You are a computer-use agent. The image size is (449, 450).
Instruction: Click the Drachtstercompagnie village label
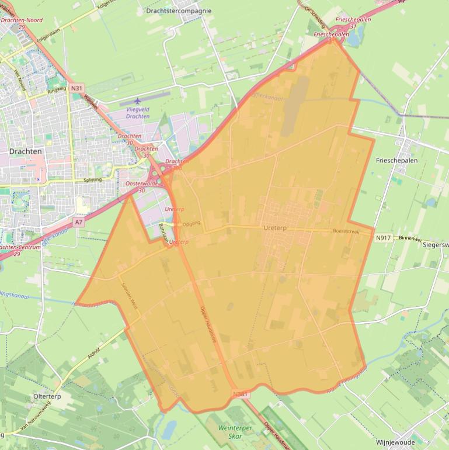click(x=179, y=11)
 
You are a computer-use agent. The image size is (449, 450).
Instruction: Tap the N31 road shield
click(x=76, y=88)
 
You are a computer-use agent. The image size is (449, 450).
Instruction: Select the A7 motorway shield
click(x=79, y=223)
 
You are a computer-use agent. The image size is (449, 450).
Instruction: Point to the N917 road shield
click(x=383, y=238)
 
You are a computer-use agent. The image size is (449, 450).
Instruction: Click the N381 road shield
click(x=240, y=394)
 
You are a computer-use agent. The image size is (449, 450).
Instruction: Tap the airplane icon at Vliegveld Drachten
click(x=138, y=102)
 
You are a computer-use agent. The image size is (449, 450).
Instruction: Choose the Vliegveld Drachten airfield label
click(x=138, y=113)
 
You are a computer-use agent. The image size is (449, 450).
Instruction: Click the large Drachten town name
click(x=26, y=151)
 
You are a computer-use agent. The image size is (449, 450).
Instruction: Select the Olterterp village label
click(x=48, y=396)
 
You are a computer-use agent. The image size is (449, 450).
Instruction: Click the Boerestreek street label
click(x=346, y=231)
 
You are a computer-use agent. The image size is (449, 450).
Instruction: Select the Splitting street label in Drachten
click(x=93, y=180)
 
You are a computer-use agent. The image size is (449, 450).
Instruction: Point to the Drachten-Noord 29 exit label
click(x=22, y=23)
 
